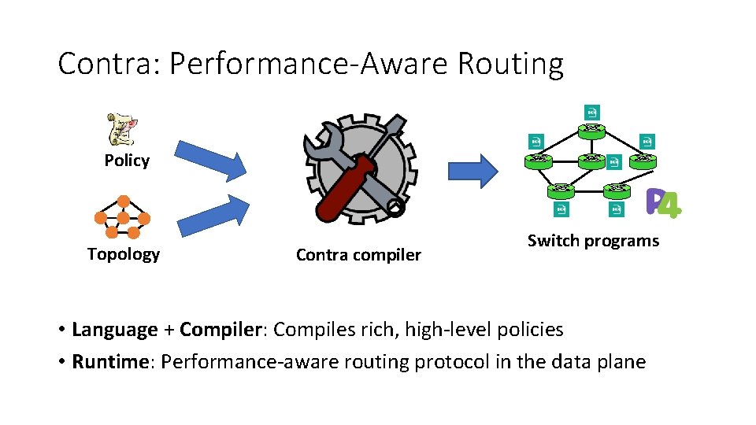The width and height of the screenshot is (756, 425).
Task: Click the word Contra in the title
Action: [107, 64]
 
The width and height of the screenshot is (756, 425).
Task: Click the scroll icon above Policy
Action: [122, 130]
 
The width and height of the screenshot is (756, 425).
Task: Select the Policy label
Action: [127, 161]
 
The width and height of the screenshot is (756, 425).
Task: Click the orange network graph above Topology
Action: [122, 216]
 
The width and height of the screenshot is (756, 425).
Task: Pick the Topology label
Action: [124, 254]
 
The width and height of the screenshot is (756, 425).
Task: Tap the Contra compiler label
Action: [358, 255]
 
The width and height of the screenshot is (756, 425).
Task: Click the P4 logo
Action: [662, 203]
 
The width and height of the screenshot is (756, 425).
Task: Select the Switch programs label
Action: [593, 241]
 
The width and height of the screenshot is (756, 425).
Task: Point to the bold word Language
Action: [115, 330]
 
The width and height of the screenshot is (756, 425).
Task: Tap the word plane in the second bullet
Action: [622, 362]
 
